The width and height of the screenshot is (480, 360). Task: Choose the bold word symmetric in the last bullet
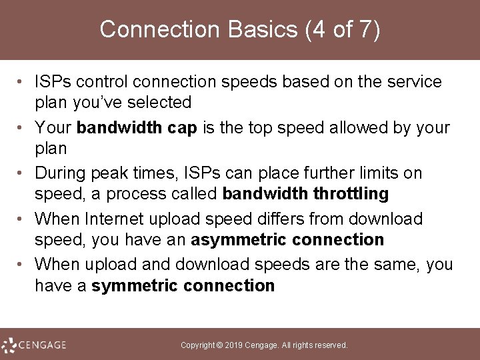pos(139,286)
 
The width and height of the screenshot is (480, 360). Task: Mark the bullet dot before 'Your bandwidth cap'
pos(22,127)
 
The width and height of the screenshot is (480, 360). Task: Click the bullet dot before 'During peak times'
pos(22,174)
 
